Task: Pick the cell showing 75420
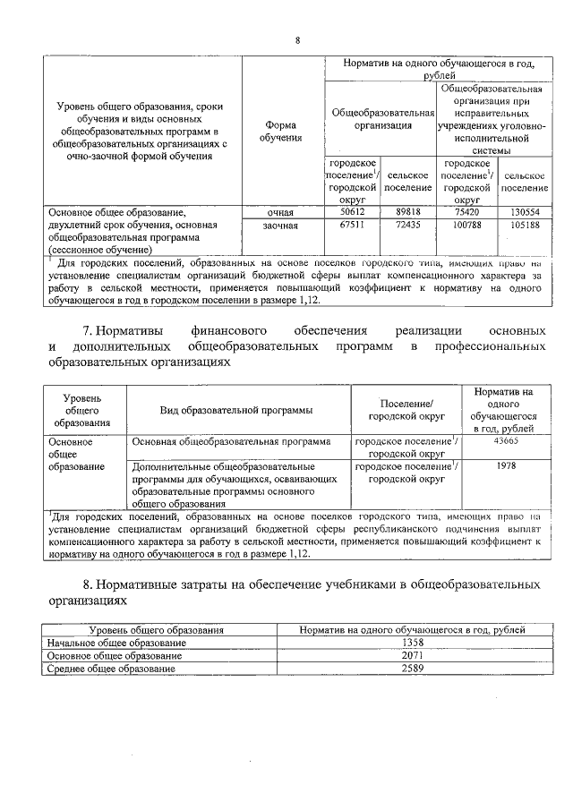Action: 466,212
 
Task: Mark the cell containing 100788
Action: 466,226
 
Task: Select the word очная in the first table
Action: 281,213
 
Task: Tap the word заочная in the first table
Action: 281,227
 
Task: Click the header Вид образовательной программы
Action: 236,410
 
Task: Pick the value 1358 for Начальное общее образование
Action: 413,643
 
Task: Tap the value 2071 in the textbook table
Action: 413,655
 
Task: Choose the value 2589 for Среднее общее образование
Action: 413,668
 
